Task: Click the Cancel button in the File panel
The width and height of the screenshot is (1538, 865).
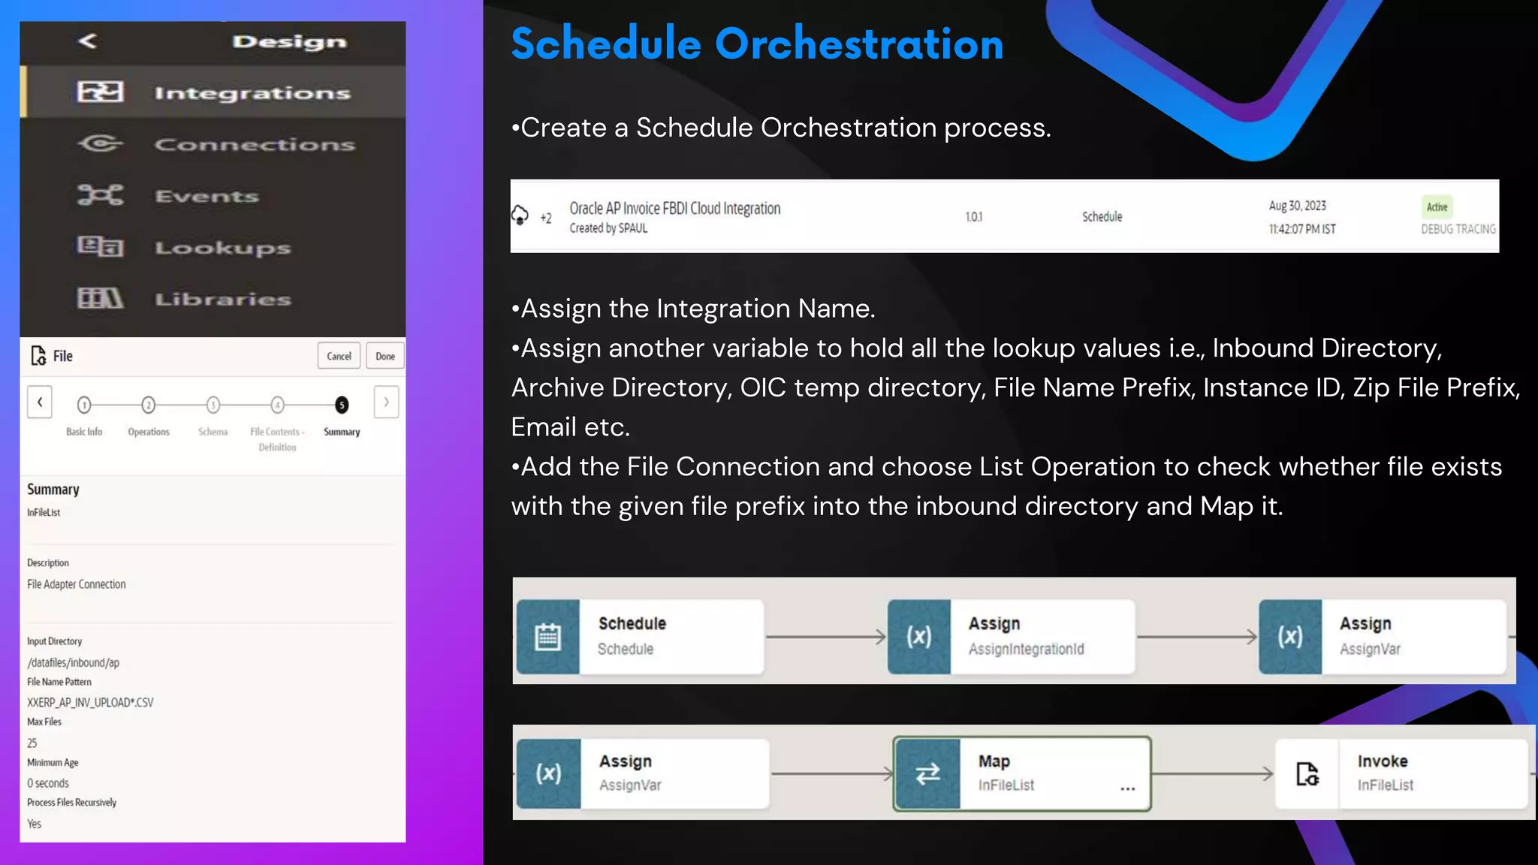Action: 339,356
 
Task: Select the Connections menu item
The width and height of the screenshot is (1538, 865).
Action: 254,144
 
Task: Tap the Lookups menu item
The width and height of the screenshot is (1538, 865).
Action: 222,248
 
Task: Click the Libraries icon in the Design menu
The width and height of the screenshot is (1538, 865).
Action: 100,299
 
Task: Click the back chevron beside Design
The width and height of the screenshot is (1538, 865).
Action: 88,41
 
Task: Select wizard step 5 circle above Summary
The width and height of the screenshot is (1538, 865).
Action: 342,405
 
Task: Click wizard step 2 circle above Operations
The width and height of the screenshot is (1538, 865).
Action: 149,405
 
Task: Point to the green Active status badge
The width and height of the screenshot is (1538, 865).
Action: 1437,207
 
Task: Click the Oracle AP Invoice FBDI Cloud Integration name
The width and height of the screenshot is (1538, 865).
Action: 674,209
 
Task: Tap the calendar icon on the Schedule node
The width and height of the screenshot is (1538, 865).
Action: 547,637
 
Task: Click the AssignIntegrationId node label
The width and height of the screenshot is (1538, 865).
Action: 1026,649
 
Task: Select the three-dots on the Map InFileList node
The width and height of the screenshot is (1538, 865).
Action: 1127,788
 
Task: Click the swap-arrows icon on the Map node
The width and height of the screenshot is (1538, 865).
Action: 927,773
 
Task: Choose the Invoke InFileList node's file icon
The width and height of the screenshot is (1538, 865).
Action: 1307,773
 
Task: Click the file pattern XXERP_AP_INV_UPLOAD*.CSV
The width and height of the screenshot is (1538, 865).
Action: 90,703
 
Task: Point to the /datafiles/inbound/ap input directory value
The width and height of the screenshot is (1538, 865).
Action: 73,663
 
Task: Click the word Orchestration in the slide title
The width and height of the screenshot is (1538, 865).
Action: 859,44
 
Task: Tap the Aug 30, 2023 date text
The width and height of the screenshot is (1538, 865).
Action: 1297,206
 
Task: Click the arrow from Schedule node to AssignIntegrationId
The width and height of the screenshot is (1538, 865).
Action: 825,637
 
